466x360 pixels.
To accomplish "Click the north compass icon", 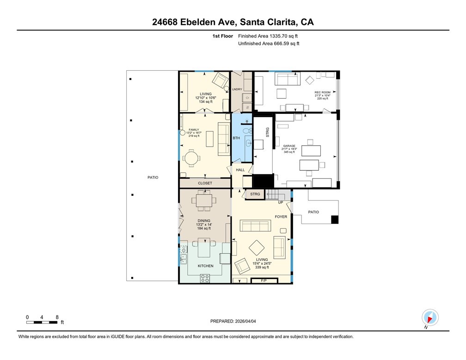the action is (x=430, y=317).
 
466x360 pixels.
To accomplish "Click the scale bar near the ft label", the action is (x=42, y=322).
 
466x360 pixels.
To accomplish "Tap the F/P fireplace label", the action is (x=264, y=280).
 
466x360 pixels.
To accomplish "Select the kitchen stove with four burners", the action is (x=205, y=279).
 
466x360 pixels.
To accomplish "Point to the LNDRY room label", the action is (x=237, y=89).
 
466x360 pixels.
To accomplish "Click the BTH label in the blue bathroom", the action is (x=236, y=138).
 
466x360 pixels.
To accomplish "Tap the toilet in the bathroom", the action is (x=247, y=130).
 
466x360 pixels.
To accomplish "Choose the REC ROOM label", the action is (x=323, y=93).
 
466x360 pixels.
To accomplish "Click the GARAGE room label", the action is (x=289, y=146).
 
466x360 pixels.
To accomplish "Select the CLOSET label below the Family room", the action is (x=205, y=183).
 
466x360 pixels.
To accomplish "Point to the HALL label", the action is (x=240, y=170).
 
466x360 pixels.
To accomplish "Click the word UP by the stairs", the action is (x=281, y=203).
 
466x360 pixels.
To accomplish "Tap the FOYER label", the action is (x=281, y=217).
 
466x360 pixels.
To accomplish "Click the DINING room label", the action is (x=204, y=221).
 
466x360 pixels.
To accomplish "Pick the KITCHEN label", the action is (x=205, y=266).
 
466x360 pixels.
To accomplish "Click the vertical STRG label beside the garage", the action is (x=268, y=132).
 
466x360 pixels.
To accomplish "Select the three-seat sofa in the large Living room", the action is (x=255, y=226).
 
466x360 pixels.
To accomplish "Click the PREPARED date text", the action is (x=233, y=321).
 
